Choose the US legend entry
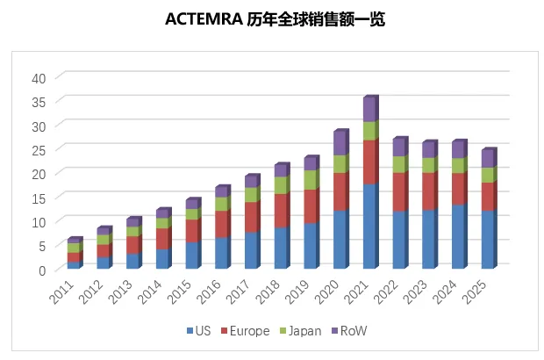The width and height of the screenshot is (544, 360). click(197, 331)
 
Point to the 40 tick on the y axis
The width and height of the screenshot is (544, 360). click(38, 77)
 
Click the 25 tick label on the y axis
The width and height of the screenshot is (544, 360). click(38, 149)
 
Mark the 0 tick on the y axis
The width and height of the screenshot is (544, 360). click(41, 270)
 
